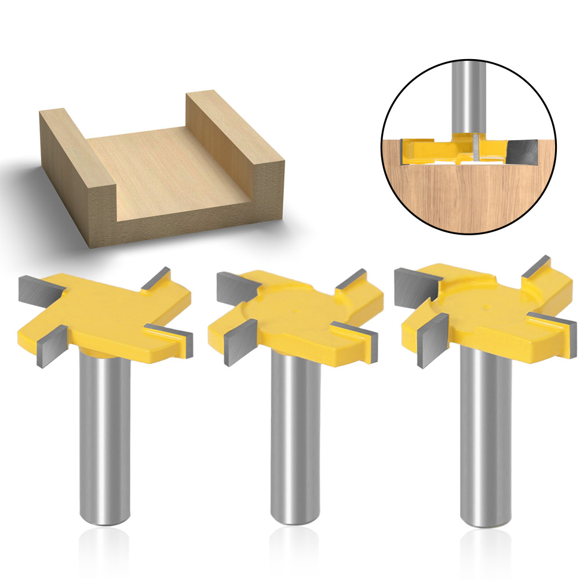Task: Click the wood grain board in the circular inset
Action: pyautogui.click(x=464, y=197)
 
